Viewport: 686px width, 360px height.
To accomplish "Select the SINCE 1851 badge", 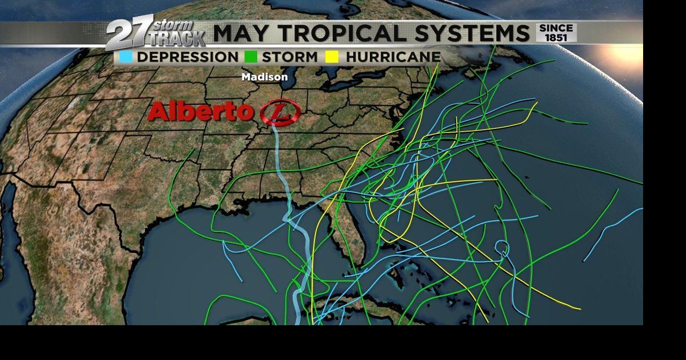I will pos(556,32).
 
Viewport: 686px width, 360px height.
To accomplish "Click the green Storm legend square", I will pos(250,57).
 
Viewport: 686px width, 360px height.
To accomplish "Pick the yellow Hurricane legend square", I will pos(332,57).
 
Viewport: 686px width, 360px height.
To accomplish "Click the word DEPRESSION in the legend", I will pos(188,57).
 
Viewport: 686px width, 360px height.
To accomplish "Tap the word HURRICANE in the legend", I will pos(393,57).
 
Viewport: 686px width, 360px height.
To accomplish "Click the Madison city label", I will pos(264,77).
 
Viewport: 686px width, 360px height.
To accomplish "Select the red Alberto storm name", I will pos(200,112).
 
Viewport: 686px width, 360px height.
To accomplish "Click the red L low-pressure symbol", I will pos(280,112).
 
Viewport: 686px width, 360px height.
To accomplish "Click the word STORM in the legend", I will pos(289,57).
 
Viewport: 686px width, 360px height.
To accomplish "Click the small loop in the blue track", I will pos(501,248).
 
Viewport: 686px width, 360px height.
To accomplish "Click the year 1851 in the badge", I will pos(556,37).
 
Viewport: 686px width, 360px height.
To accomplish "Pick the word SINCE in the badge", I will pos(556,28).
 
